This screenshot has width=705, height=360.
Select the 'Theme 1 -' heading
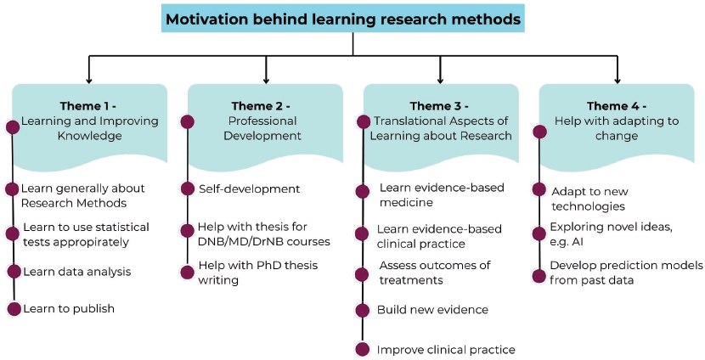point(88,106)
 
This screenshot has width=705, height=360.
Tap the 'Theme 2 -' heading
point(261,106)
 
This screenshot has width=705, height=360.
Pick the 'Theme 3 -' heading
point(439,106)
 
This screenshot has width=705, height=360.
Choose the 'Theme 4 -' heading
point(616,106)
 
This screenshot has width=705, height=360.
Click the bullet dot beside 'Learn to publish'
point(13,308)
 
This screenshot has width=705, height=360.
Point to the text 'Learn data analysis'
point(76,272)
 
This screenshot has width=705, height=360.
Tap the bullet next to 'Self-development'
point(187,189)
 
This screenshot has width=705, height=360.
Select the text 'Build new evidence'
point(432,310)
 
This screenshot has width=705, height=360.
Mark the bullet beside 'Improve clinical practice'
point(363,349)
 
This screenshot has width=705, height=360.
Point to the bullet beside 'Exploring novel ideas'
point(539,232)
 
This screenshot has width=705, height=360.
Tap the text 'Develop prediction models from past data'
point(625,273)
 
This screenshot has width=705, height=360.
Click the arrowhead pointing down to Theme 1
point(89,77)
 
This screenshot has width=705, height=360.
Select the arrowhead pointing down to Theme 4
point(617,77)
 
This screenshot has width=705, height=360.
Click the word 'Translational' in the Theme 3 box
point(412,121)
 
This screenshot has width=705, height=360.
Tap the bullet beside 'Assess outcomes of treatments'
point(363,273)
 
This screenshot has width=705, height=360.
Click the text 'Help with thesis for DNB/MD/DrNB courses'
point(263,234)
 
